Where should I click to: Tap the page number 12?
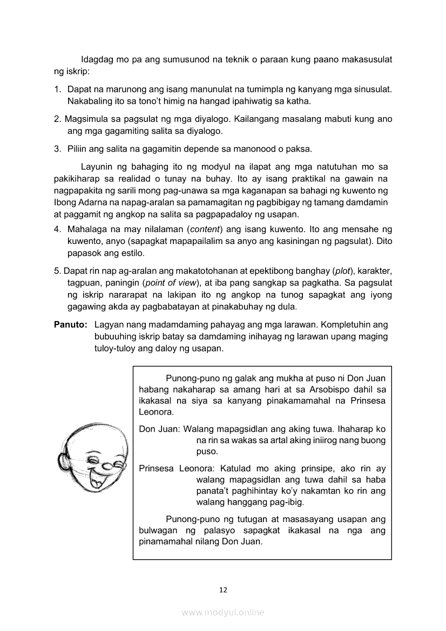coord(223,590)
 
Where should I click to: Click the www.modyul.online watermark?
coord(223,613)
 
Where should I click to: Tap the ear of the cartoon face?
coord(63,462)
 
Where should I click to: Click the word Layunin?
coord(97,166)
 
